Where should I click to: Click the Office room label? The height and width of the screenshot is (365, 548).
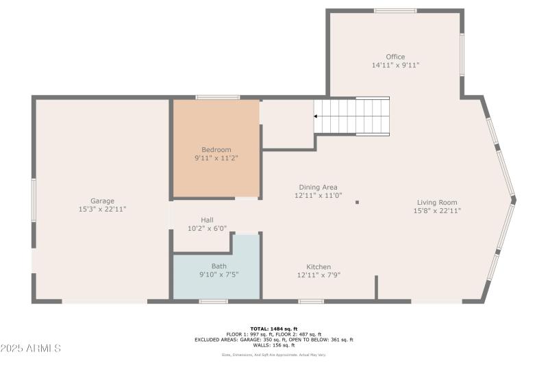click(x=395, y=57)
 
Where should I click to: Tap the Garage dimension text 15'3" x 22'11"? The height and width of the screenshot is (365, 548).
click(x=103, y=209)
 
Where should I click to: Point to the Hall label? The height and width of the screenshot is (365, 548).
click(x=207, y=220)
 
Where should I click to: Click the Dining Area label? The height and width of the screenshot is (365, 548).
click(x=318, y=187)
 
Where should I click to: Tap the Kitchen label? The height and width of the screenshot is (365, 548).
click(x=319, y=266)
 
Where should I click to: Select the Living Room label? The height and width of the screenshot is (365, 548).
click(x=437, y=202)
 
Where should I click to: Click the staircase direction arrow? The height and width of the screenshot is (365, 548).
click(x=317, y=116)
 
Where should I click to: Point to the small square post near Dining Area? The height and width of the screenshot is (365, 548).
click(x=358, y=203)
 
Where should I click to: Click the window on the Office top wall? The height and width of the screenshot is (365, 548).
click(x=395, y=11)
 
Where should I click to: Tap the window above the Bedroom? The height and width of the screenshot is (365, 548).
click(x=218, y=97)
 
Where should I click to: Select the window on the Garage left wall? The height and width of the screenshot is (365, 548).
click(x=33, y=200)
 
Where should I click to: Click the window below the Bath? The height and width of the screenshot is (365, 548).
click(x=213, y=301)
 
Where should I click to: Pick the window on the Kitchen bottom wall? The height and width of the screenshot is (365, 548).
click(x=311, y=301)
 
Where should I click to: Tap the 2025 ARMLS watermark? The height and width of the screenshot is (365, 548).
click(x=31, y=349)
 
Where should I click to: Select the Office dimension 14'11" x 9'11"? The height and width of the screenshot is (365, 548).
click(x=395, y=66)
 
